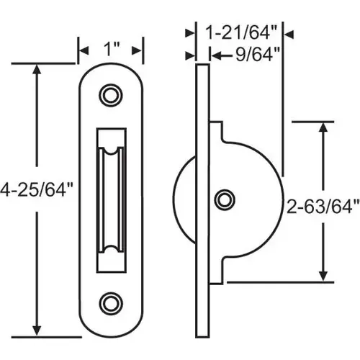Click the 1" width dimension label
point(111,50)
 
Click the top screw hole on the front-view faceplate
point(111,94)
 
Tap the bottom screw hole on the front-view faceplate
point(111,302)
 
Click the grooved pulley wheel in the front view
point(111,198)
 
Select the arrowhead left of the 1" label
point(83,50)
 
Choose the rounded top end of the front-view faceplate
point(111,72)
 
